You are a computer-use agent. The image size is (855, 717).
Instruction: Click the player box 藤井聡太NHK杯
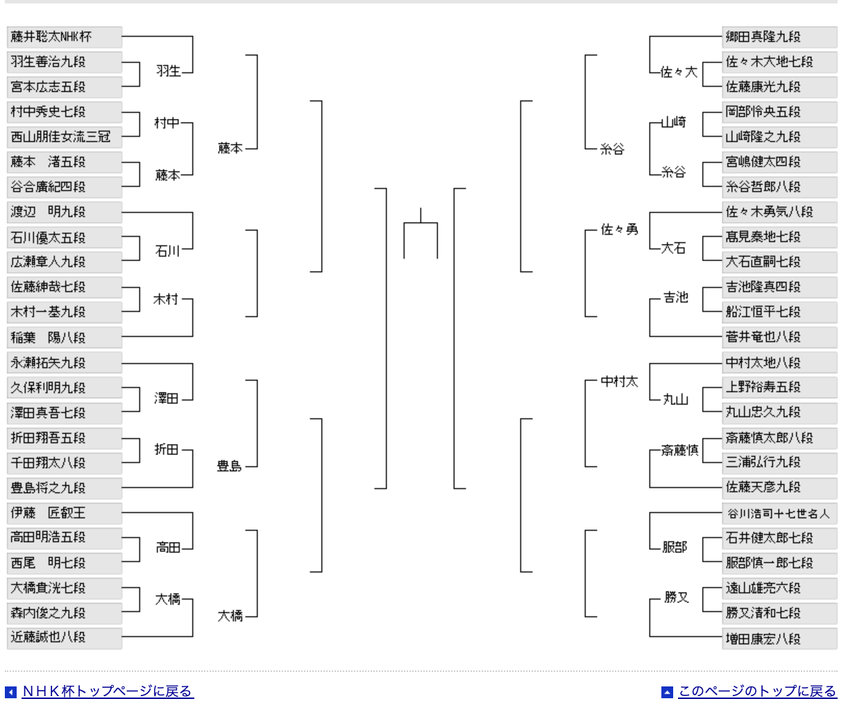point(65,37)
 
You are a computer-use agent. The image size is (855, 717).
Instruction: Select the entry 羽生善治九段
point(65,62)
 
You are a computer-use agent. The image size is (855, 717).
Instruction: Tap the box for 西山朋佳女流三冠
point(65,137)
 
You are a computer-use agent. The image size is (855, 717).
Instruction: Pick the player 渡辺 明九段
point(65,212)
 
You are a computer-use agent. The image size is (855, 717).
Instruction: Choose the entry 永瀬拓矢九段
point(65,363)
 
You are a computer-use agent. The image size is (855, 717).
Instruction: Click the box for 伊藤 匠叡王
point(65,513)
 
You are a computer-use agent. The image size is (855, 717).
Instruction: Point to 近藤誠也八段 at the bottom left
point(65,638)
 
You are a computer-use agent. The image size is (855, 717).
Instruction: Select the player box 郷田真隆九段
point(779,37)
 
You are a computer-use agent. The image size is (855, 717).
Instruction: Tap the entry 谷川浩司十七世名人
point(779,513)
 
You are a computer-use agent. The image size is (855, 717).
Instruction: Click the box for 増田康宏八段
point(779,638)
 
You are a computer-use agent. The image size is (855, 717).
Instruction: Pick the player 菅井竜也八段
point(779,337)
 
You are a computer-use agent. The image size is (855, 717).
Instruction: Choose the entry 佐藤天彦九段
point(779,488)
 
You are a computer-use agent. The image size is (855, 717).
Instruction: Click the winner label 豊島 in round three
point(229,466)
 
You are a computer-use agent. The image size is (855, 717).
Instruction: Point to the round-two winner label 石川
point(167,251)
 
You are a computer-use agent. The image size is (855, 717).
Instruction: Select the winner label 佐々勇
point(619,229)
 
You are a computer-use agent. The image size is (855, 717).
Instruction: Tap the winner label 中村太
point(619,381)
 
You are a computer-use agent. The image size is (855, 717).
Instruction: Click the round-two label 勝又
point(677,597)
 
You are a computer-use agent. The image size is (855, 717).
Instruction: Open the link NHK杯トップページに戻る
point(108,691)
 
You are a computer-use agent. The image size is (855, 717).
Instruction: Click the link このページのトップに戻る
point(758,691)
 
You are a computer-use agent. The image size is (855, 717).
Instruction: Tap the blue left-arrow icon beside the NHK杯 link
point(10,693)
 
